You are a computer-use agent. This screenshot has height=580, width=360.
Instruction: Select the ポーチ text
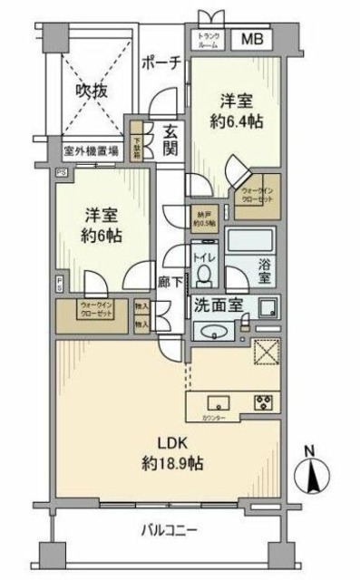(163, 62)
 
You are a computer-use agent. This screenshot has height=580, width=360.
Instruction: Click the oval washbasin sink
(214, 328)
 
